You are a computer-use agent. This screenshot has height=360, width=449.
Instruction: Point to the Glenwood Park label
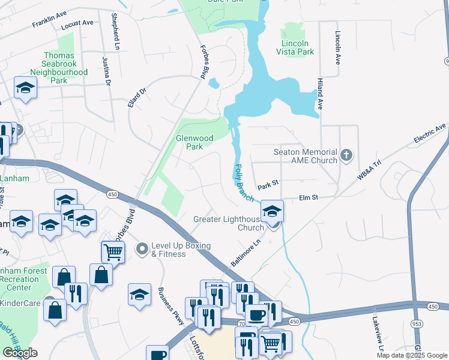tap(194, 142)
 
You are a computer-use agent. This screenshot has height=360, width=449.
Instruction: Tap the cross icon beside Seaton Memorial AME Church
tap(346, 156)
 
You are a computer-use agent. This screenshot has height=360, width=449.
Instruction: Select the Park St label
tap(268, 187)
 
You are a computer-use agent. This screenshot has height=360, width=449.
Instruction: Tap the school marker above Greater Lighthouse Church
tap(272, 211)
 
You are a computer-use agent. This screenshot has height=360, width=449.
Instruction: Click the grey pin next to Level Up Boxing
tap(142, 248)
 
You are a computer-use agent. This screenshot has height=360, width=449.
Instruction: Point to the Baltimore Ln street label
tap(247, 253)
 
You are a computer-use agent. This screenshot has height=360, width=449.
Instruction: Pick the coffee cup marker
tap(256, 314)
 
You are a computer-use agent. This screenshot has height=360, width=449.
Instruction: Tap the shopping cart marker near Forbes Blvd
tap(112, 252)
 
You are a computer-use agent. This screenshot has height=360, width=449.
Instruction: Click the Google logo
tap(20, 353)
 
